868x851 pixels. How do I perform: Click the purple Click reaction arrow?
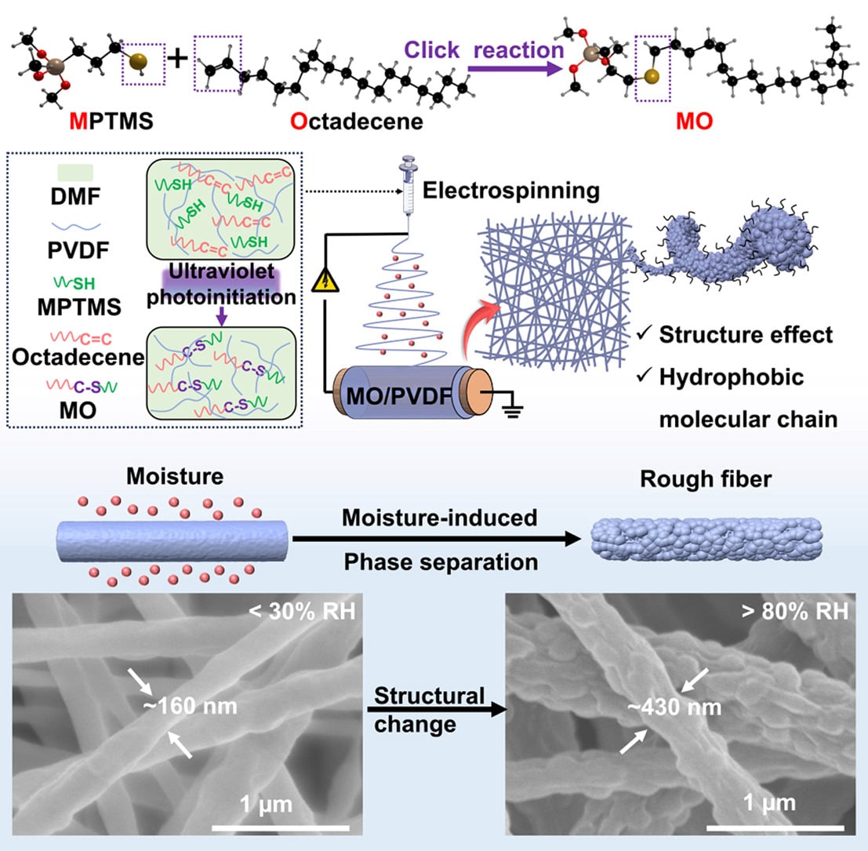pyautogui.click(x=515, y=69)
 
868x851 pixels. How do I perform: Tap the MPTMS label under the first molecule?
pyautogui.click(x=111, y=122)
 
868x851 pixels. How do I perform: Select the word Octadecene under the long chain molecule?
pyautogui.click(x=357, y=122)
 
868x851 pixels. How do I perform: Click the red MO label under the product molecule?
pyautogui.click(x=694, y=122)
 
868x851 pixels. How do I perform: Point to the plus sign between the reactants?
pyautogui.click(x=178, y=58)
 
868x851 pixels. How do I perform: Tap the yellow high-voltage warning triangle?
pyautogui.click(x=325, y=280)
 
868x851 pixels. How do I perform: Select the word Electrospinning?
pyautogui.click(x=511, y=191)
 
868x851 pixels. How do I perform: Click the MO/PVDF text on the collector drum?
pyautogui.click(x=398, y=396)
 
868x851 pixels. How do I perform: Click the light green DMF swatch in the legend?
pyautogui.click(x=75, y=173)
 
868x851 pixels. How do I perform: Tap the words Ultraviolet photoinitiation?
pyautogui.click(x=221, y=284)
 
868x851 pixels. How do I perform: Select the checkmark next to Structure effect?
pyautogui.click(x=644, y=333)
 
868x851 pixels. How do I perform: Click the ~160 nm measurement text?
pyautogui.click(x=190, y=706)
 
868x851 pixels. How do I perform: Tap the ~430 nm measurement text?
pyautogui.click(x=674, y=707)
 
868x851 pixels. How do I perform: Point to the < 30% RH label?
pyautogui.click(x=302, y=611)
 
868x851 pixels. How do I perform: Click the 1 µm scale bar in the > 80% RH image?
pyautogui.click(x=775, y=827)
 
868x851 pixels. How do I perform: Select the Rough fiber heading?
pyautogui.click(x=706, y=479)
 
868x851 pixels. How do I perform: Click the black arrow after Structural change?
pyautogui.click(x=438, y=709)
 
